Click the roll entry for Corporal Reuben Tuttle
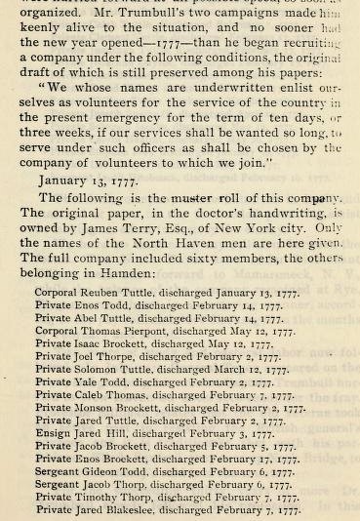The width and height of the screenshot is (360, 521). click(x=166, y=292)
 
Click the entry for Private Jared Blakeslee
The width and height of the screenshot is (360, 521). click(x=167, y=509)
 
